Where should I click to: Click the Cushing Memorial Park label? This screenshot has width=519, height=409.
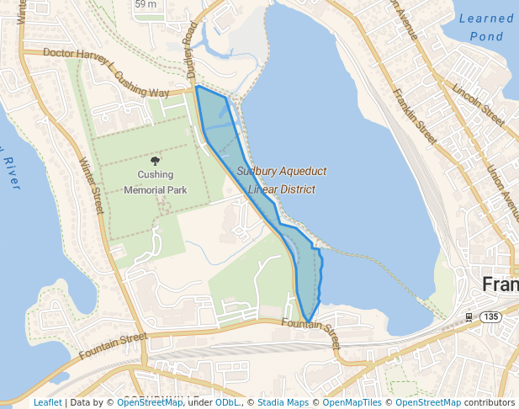coord(155,183)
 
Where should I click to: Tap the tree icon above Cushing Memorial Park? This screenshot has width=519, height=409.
coord(155,160)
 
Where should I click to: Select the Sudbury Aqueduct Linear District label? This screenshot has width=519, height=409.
coord(281,180)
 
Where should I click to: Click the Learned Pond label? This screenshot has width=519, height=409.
coord(486,27)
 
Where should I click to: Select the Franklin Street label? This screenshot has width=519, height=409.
coord(416,115)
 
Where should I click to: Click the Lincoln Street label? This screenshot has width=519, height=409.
coord(478,105)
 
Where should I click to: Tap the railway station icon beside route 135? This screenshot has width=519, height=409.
coord(469,317)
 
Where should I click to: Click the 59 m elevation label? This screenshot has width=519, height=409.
coord(146,4)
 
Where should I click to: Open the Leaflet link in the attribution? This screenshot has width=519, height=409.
coord(47,402)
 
